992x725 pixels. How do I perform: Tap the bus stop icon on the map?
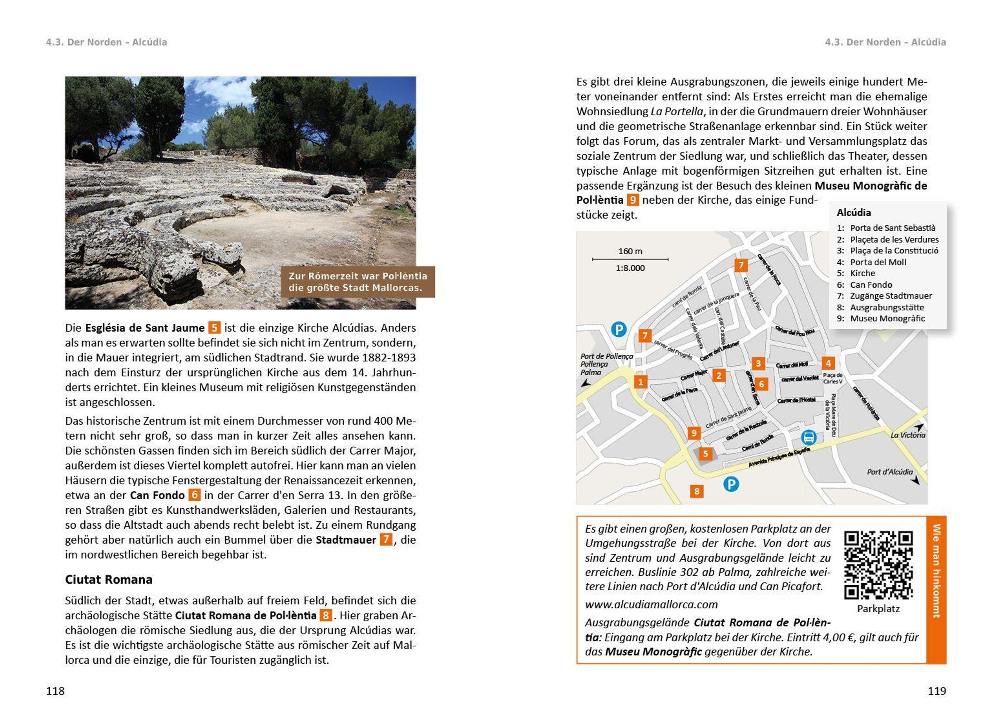(808, 438)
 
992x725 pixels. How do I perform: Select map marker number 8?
(696, 491)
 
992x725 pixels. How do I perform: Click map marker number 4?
(828, 363)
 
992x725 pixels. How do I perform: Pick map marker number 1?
(641, 382)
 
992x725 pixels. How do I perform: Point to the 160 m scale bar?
(630, 259)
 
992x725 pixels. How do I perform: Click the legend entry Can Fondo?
(870, 285)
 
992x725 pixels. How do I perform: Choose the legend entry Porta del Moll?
(878, 262)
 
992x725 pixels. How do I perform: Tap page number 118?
(55, 691)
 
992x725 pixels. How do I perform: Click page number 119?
(937, 691)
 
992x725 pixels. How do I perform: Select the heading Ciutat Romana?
(109, 580)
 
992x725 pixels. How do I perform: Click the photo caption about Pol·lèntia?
(358, 282)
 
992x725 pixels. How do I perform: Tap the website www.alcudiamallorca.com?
(651, 605)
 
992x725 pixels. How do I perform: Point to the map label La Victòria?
(907, 435)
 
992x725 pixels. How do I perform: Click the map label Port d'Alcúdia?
(890, 472)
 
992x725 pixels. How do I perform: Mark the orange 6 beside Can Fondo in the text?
(194, 495)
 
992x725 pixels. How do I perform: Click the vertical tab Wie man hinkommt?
(936, 571)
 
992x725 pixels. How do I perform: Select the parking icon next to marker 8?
(731, 484)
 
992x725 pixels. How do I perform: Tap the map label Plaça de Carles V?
(832, 378)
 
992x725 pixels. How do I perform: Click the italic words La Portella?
(677, 112)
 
